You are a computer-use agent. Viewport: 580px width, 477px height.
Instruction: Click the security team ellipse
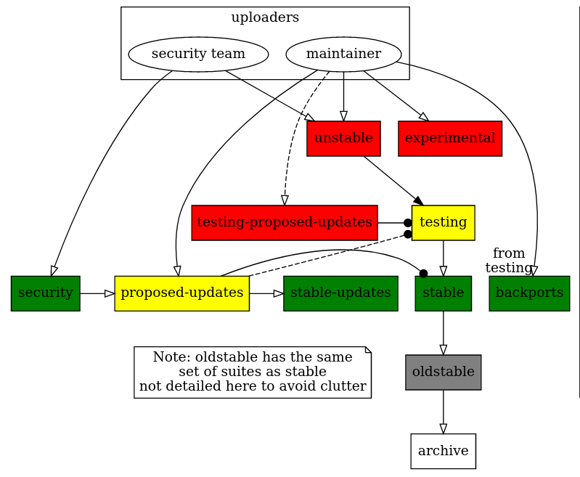198,54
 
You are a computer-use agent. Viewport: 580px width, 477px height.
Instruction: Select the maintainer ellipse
343,54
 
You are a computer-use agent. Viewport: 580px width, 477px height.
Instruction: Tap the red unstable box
343,138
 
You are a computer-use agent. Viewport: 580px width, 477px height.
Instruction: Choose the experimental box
450,138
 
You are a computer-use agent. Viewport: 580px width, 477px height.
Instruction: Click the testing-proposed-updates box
284,222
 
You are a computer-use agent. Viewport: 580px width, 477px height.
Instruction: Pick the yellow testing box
443,222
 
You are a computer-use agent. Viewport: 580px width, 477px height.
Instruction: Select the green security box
45,293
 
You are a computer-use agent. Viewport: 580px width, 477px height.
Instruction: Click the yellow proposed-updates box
181,293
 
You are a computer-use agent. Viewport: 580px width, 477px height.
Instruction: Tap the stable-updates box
340,293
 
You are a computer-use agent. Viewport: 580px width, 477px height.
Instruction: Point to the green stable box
443,293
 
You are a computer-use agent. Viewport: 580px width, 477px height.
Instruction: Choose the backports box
529,293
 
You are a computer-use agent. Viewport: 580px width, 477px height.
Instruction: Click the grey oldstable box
443,372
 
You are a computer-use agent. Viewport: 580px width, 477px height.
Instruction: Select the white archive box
443,451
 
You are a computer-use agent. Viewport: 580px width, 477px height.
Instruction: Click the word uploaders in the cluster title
265,17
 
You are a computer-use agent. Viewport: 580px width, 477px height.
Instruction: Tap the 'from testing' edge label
508,261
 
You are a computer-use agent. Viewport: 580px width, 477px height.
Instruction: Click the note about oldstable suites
253,372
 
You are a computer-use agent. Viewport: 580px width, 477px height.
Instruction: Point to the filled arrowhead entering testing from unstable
418,200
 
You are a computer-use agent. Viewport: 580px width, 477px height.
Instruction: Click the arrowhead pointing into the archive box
443,428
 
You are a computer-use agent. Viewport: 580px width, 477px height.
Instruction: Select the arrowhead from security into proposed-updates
110,293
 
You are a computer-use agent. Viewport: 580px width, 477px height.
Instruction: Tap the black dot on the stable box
423,273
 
